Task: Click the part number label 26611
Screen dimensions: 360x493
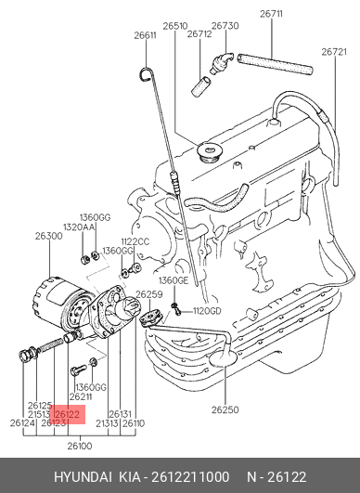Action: tap(145, 35)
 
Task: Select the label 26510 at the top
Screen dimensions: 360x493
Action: tap(175, 26)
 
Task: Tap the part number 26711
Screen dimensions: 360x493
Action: tap(272, 14)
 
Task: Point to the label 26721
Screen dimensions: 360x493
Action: tap(334, 52)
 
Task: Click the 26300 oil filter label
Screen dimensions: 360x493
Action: tap(48, 236)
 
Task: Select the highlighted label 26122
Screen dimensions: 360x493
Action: tap(67, 414)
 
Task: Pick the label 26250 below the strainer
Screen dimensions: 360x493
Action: tap(225, 410)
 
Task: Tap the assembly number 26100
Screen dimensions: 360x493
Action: tap(80, 446)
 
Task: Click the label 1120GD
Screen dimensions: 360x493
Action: tap(207, 311)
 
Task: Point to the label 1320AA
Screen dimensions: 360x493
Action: tap(79, 227)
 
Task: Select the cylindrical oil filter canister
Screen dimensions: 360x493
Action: tap(60, 302)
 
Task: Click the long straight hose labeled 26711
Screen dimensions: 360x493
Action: tap(275, 64)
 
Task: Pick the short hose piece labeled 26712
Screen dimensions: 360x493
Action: tap(201, 85)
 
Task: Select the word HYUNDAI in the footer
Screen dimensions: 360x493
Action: tap(83, 477)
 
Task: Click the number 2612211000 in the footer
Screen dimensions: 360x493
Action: tap(190, 477)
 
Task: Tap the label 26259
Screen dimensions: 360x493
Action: tap(149, 294)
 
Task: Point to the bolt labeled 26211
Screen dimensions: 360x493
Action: tap(79, 370)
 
